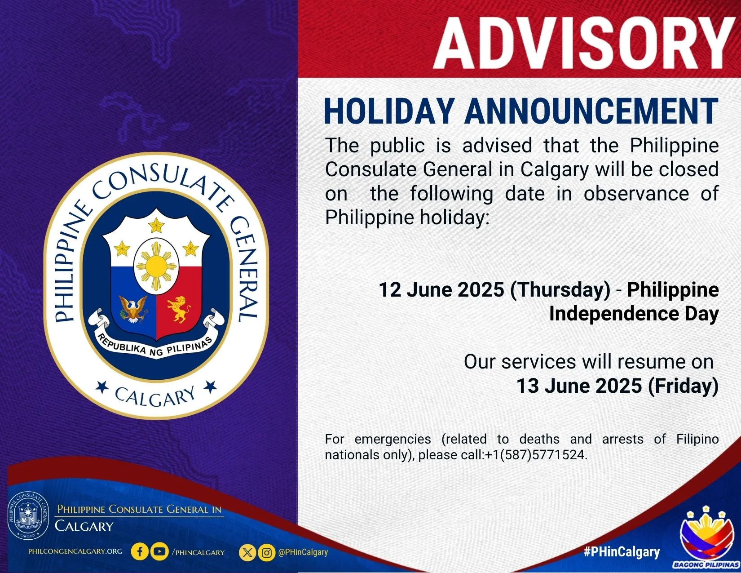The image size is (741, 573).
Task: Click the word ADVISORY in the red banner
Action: pyautogui.click(x=584, y=44)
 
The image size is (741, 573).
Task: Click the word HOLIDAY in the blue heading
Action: pyautogui.click(x=389, y=111)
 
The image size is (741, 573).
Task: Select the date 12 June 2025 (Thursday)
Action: pyautogui.click(x=494, y=290)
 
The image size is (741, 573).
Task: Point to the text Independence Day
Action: pyautogui.click(x=634, y=314)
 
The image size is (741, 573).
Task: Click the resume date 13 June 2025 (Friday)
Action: pyautogui.click(x=617, y=386)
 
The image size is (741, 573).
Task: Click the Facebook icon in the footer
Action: pyautogui.click(x=140, y=552)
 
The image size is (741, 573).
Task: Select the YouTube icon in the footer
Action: pyautogui.click(x=159, y=552)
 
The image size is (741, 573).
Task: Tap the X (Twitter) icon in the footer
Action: pyautogui.click(x=247, y=552)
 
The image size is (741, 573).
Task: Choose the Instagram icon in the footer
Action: pyautogui.click(x=267, y=552)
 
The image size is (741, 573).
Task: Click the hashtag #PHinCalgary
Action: pyautogui.click(x=622, y=552)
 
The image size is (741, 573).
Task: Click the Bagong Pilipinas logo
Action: pyautogui.click(x=706, y=537)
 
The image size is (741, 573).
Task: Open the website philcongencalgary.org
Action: pyautogui.click(x=75, y=551)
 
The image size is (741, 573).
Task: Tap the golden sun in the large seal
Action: pyautogui.click(x=156, y=267)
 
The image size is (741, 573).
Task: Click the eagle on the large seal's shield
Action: pyautogui.click(x=133, y=309)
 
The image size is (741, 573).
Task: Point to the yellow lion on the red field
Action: pyautogui.click(x=178, y=309)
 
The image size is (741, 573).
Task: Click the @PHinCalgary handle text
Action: pyautogui.click(x=303, y=552)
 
